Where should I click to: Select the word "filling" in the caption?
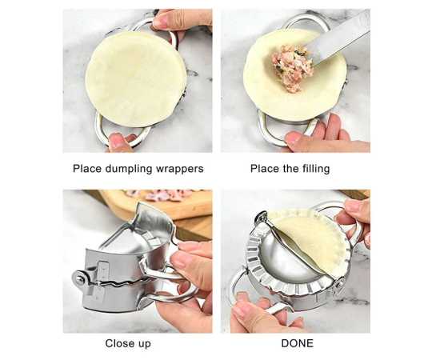click(x=316, y=169)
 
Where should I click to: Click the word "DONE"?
click(x=297, y=343)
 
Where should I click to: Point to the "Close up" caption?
click(x=128, y=344)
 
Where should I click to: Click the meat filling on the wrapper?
click(x=292, y=67)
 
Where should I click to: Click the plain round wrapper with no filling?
click(x=136, y=79)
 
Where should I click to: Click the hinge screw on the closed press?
click(x=81, y=278)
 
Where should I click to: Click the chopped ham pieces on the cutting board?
click(x=162, y=194)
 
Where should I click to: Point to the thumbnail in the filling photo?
click(x=292, y=138)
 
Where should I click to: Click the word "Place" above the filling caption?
click(x=262, y=169)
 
